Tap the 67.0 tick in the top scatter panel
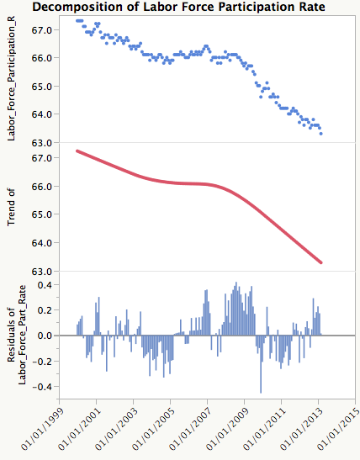[43, 29]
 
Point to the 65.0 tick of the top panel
[43, 86]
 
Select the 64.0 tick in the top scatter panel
[43, 114]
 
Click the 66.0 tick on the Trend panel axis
[43, 187]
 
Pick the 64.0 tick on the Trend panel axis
[43, 243]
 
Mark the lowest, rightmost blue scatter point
[321, 134]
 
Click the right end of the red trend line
[321, 263]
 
